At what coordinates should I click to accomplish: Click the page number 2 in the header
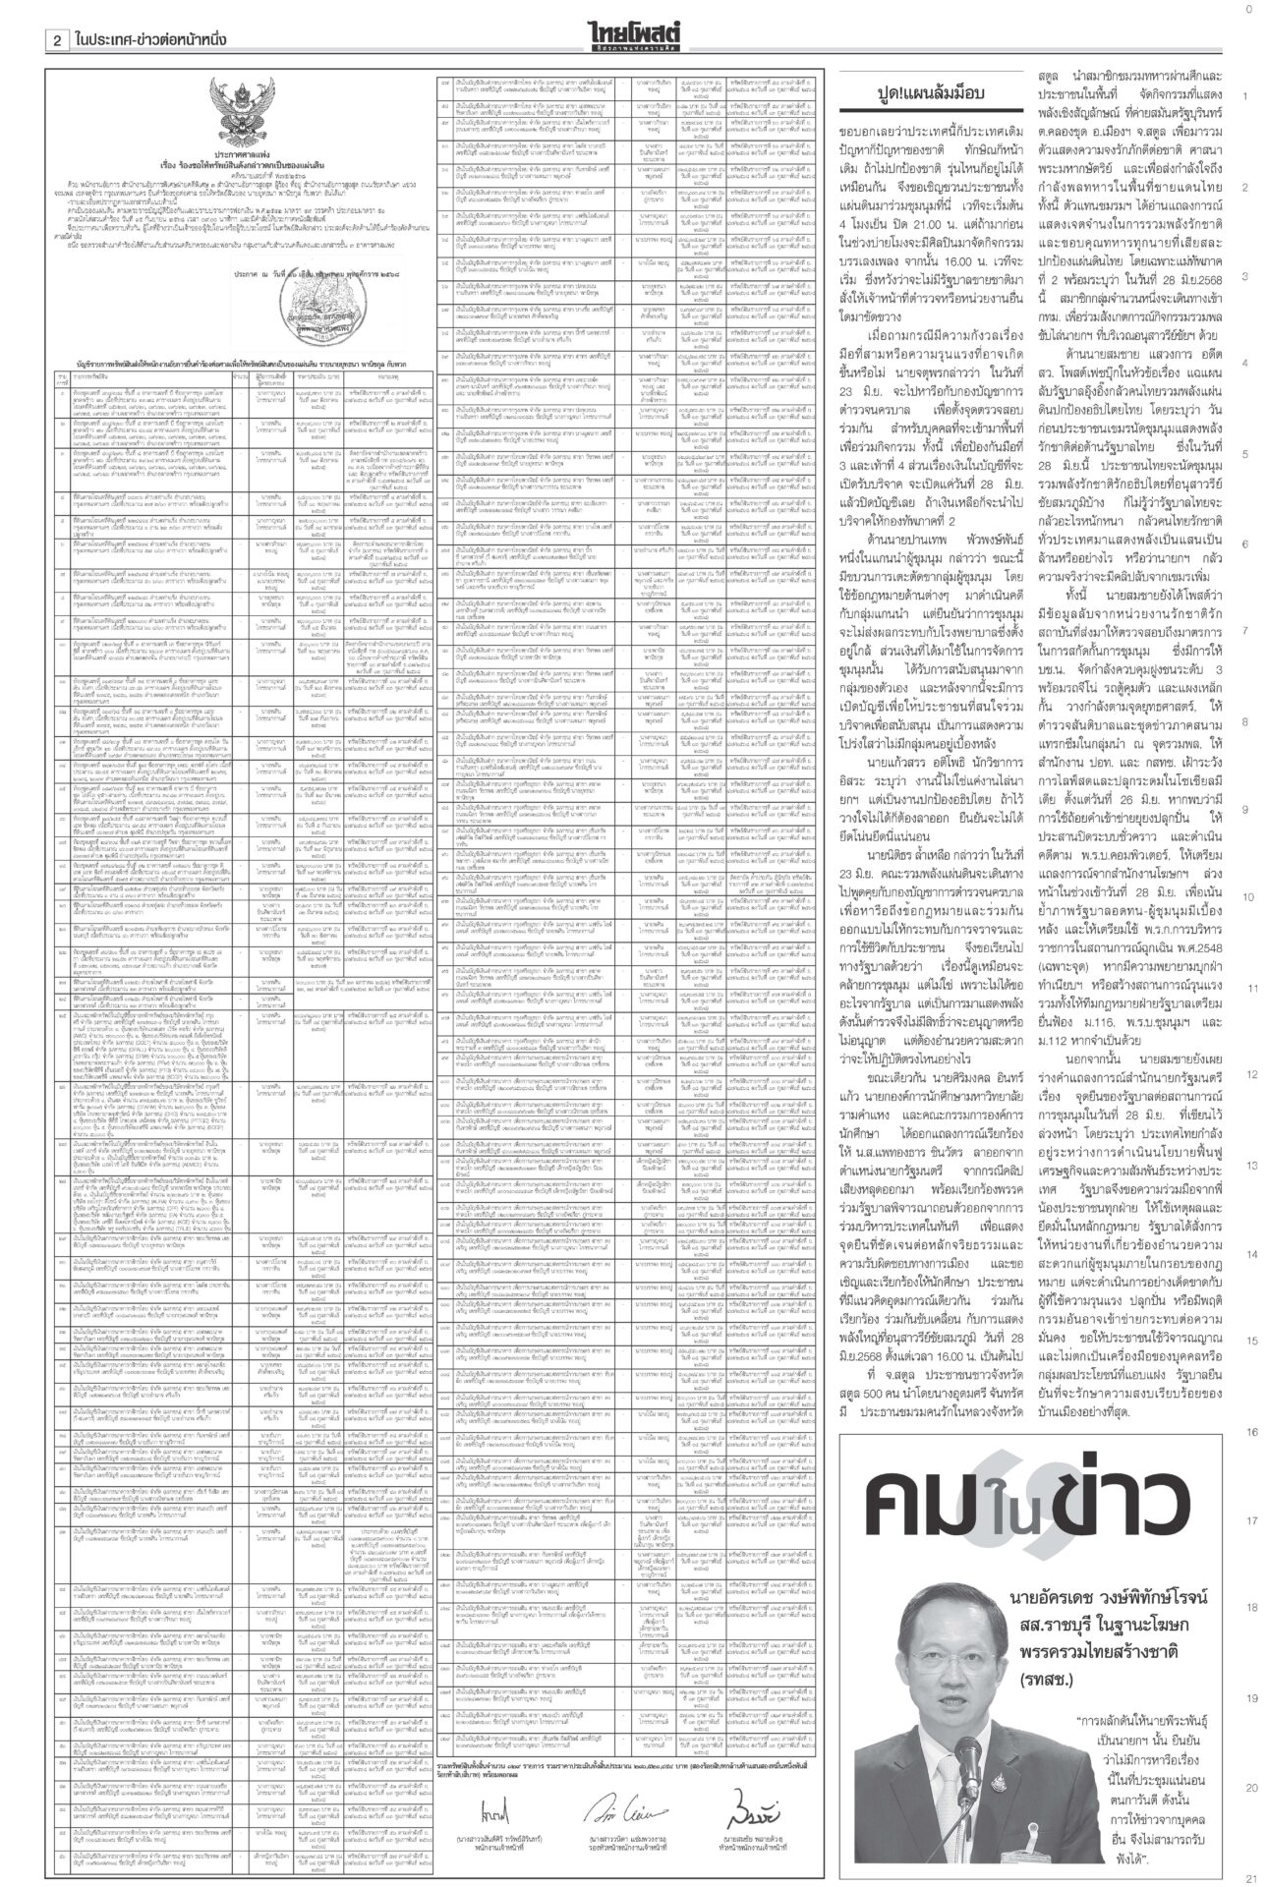(58, 39)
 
